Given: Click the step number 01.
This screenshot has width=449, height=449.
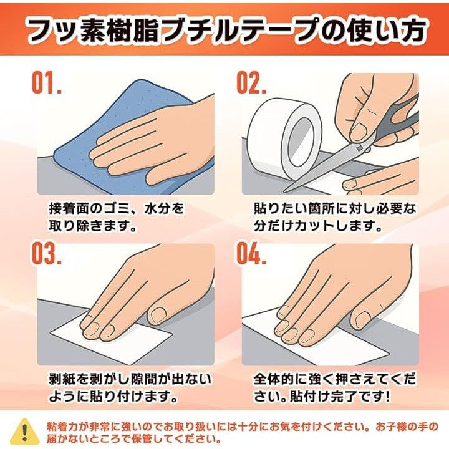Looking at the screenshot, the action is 47,83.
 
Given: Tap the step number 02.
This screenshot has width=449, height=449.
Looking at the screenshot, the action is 251,83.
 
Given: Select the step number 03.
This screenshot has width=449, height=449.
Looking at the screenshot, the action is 47,253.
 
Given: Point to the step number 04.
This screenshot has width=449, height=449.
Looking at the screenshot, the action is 251,253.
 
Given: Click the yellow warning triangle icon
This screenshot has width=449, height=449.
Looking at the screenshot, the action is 25,432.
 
